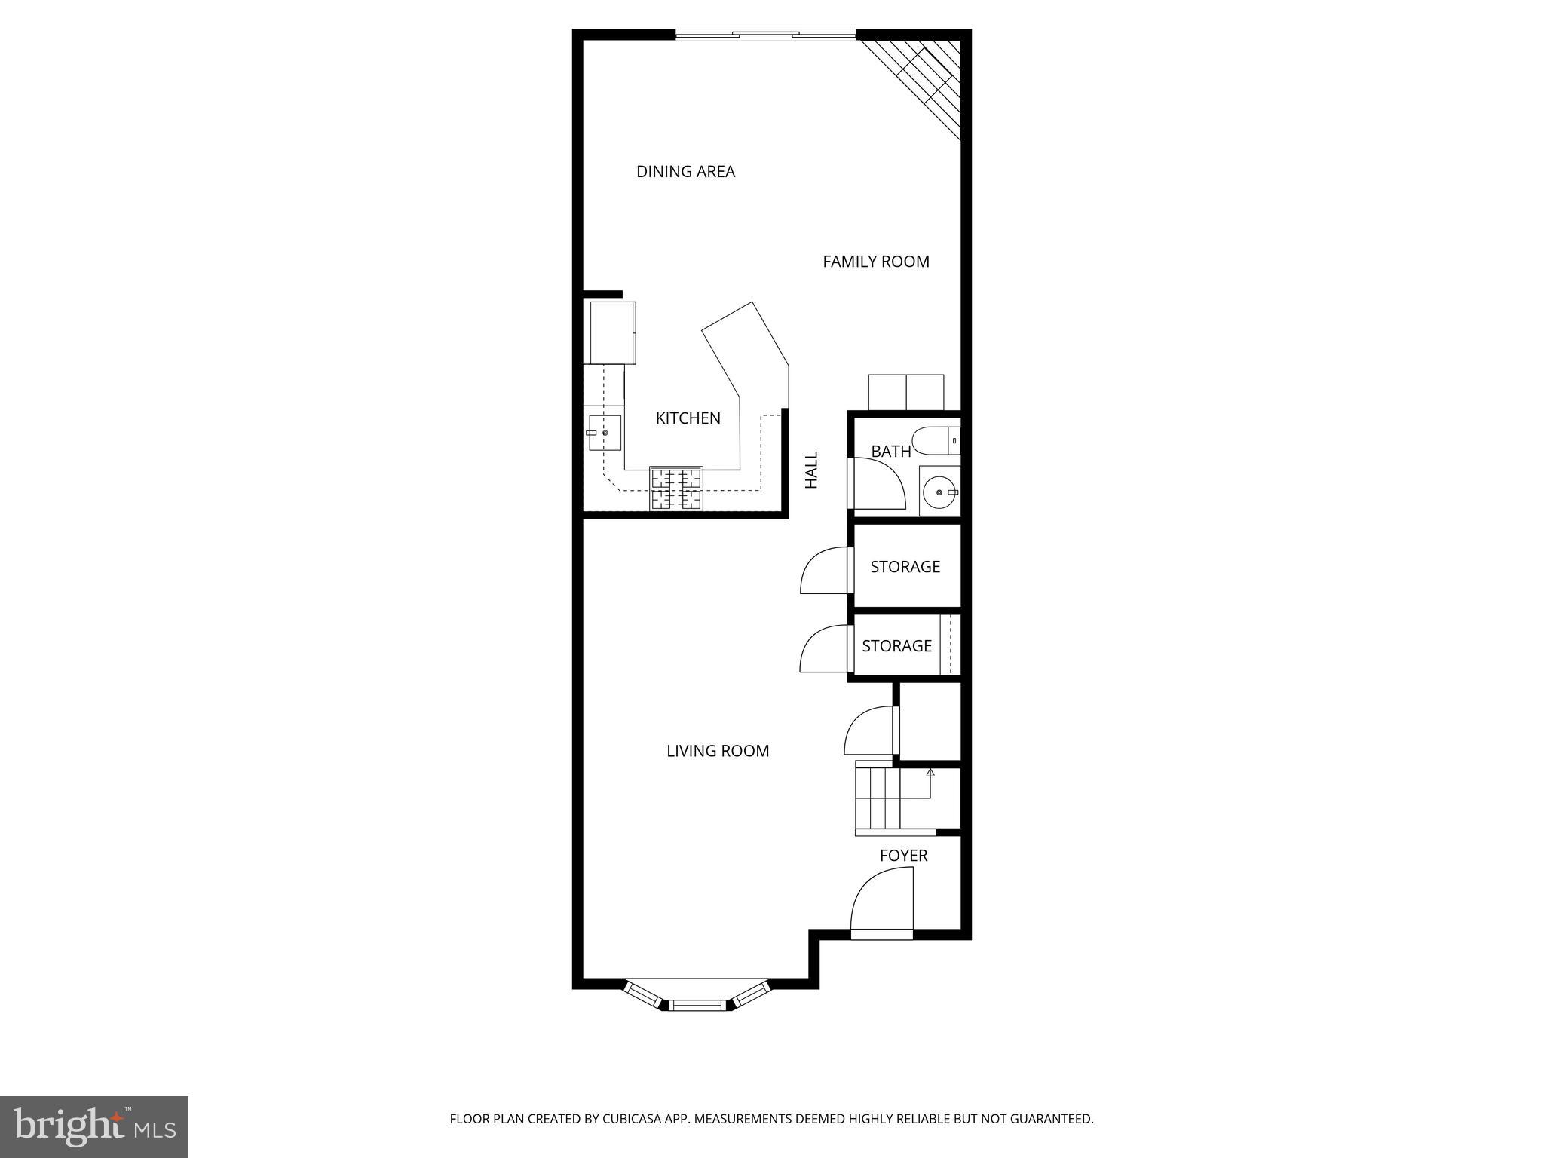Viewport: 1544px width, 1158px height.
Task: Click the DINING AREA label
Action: click(x=685, y=172)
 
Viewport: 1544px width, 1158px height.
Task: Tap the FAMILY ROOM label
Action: click(x=875, y=262)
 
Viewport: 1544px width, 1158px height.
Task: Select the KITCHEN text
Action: click(x=688, y=418)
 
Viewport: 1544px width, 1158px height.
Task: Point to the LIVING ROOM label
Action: click(x=718, y=751)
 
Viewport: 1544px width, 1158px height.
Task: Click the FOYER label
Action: click(x=903, y=856)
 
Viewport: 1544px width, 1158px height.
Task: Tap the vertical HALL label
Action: click(x=811, y=470)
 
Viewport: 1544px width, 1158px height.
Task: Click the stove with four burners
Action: click(x=676, y=489)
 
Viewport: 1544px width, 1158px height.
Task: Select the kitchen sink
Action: click(x=605, y=433)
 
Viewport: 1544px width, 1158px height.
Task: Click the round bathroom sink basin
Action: click(x=938, y=492)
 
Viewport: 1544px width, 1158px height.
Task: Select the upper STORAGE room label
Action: click(x=905, y=567)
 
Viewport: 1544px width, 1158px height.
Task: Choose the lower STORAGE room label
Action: click(x=896, y=646)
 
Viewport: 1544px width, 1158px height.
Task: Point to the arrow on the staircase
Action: click(x=930, y=773)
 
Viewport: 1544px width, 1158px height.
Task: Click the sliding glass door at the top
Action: click(x=765, y=34)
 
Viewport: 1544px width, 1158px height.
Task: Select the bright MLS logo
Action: click(x=93, y=1126)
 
